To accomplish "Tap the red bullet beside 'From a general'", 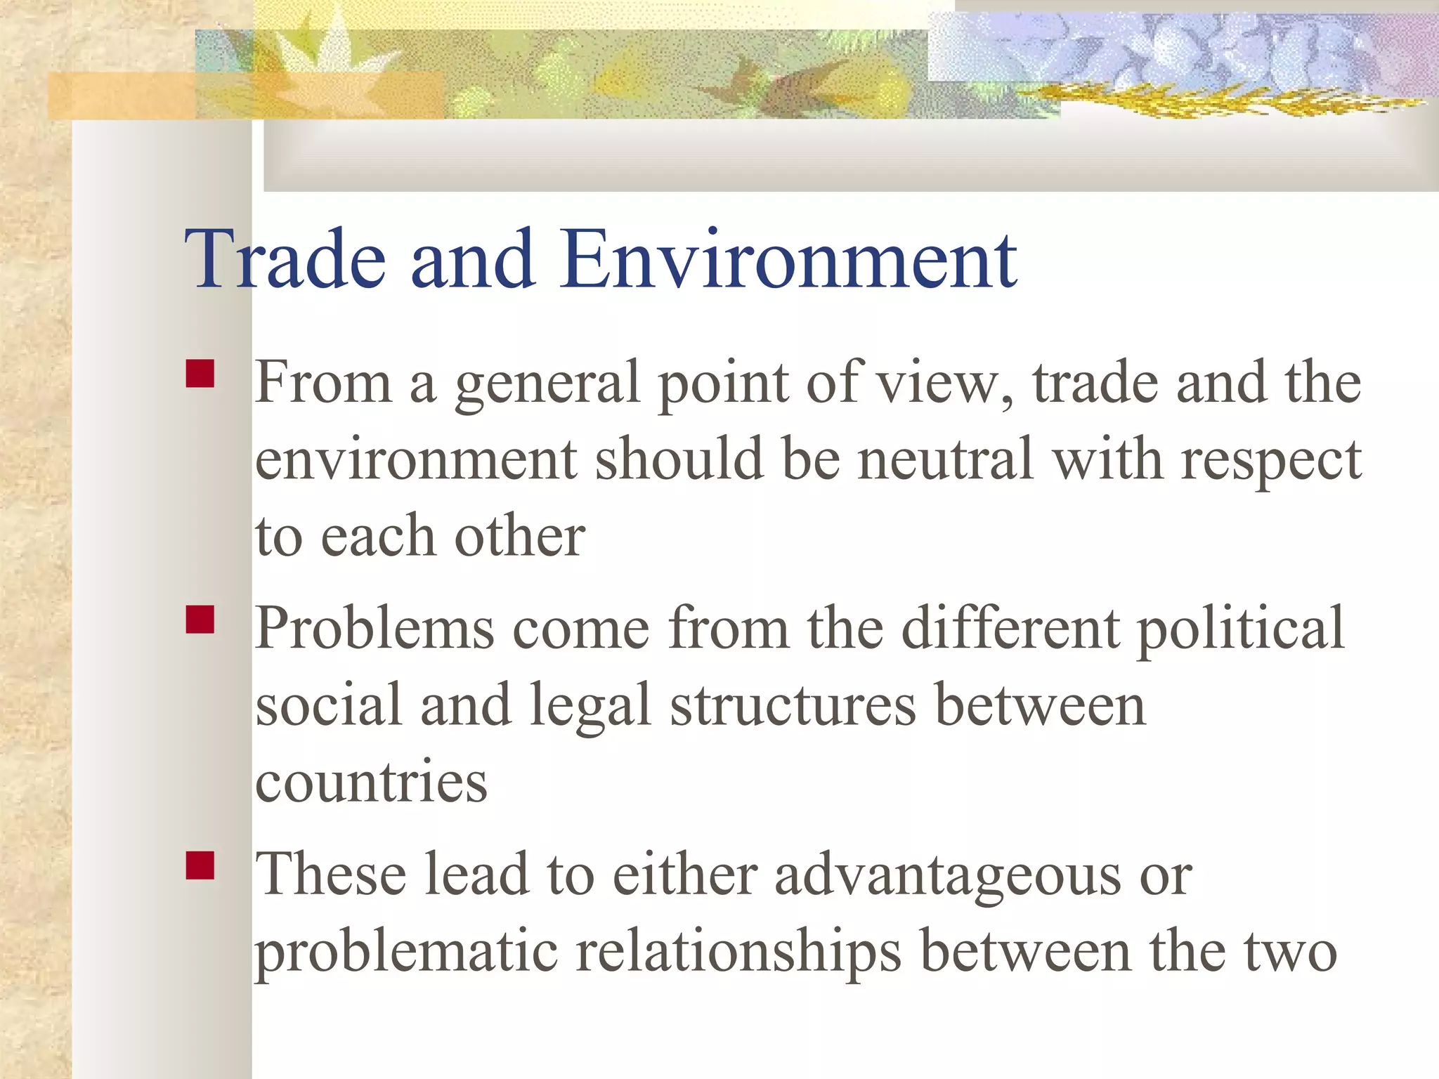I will pos(200,374).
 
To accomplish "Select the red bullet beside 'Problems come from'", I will pos(200,620).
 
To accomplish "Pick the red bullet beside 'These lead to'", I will pos(200,865).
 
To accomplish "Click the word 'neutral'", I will pos(946,459).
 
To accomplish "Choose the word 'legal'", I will pos(590,707).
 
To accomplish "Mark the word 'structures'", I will pos(793,705).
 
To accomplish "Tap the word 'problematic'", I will pos(406,954).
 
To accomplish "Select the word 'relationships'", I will pos(738,954).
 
